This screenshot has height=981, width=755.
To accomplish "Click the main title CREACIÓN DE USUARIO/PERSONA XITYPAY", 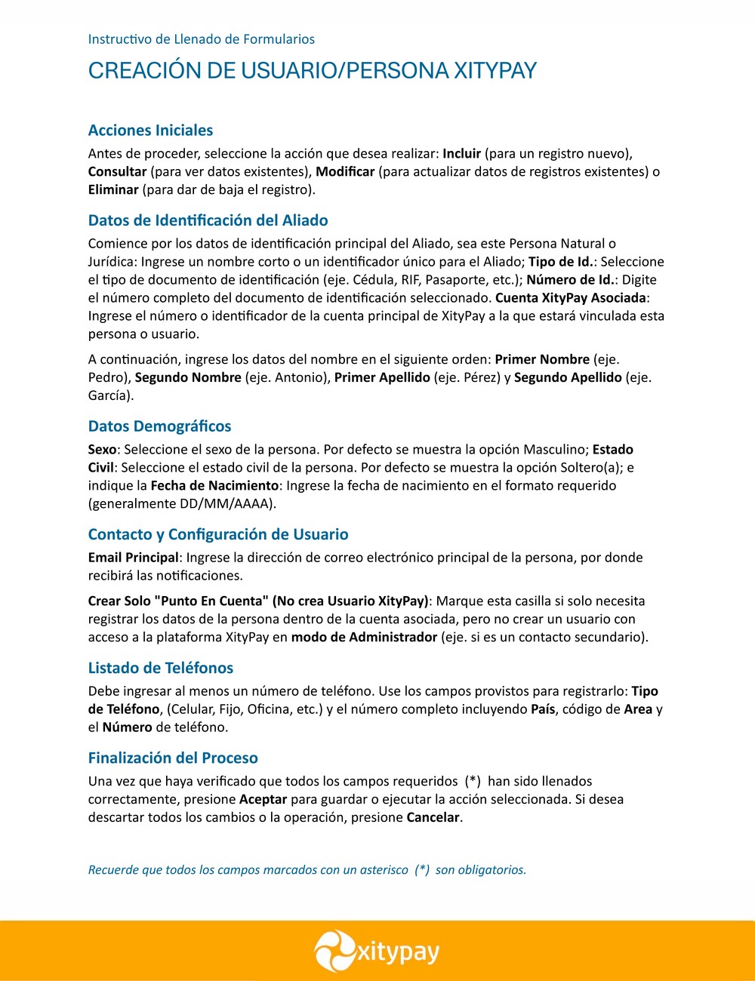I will [313, 71].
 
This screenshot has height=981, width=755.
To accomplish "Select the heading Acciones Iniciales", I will [150, 131].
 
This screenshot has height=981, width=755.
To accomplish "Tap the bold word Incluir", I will [461, 154].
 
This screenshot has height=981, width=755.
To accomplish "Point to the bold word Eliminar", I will [113, 190].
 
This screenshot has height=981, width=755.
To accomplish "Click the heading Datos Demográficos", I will [159, 426].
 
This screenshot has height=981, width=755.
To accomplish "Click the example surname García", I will [109, 396].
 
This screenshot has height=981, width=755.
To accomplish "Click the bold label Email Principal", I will [133, 558].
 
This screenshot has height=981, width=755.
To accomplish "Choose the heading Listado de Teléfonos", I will [160, 668].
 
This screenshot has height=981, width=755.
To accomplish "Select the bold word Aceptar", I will [263, 800].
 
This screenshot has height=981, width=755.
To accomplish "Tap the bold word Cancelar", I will [433, 818].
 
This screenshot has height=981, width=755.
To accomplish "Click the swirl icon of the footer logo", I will [334, 951].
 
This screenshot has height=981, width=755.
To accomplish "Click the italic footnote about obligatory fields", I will [307, 870].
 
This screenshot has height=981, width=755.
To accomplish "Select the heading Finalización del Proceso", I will [173, 758].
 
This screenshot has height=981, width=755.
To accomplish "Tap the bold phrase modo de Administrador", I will [365, 638].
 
